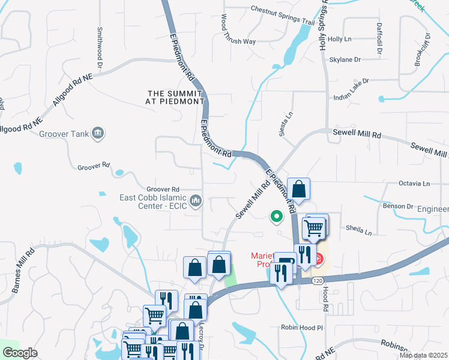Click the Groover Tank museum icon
click(98, 134)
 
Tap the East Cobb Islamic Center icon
click(195, 200)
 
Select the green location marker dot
click(276, 216)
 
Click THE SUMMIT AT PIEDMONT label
click(176, 97)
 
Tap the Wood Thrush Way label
click(239, 31)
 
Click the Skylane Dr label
click(345, 60)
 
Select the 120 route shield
click(318, 280)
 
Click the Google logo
click(19, 353)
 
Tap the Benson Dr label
click(397, 206)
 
